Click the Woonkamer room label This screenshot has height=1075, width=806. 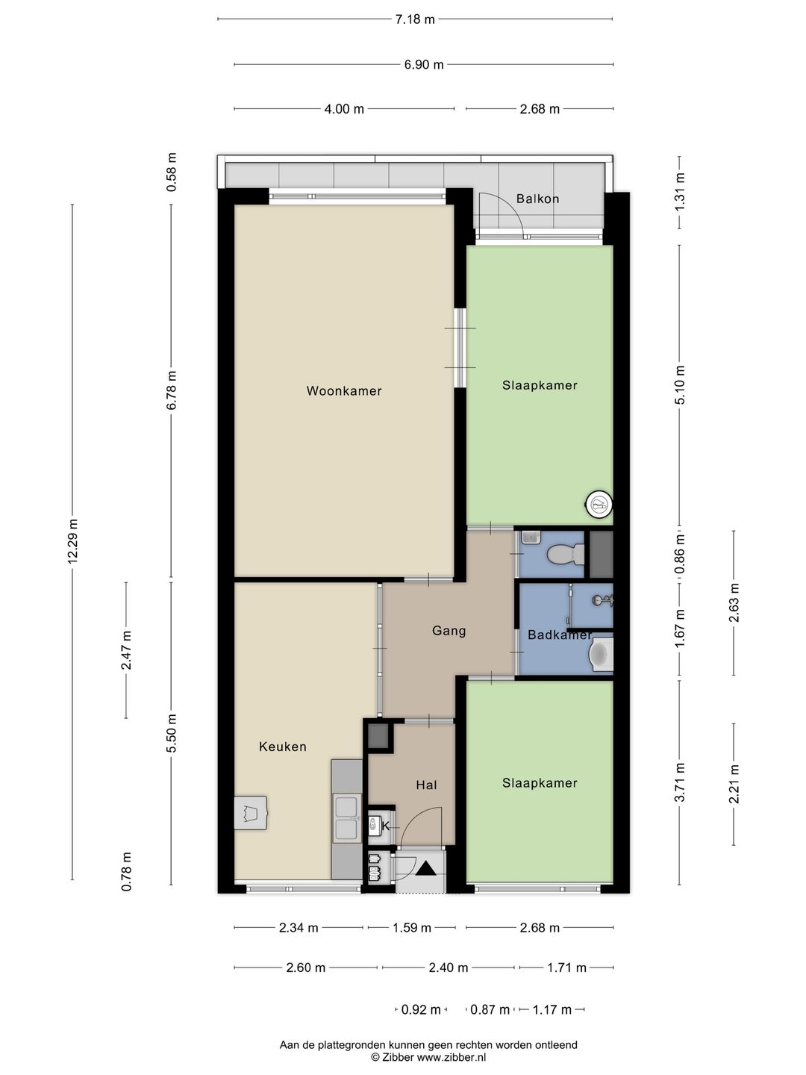(343, 391)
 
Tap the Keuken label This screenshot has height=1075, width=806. (282, 747)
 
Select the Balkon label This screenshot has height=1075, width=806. (537, 199)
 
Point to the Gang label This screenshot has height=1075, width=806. (449, 631)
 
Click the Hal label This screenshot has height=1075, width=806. (426, 785)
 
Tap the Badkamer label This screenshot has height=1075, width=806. (560, 635)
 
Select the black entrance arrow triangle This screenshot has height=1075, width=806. (425, 867)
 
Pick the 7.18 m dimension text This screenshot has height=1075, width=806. (415, 19)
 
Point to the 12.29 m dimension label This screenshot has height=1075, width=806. (73, 541)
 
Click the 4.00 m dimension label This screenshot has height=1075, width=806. (344, 109)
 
